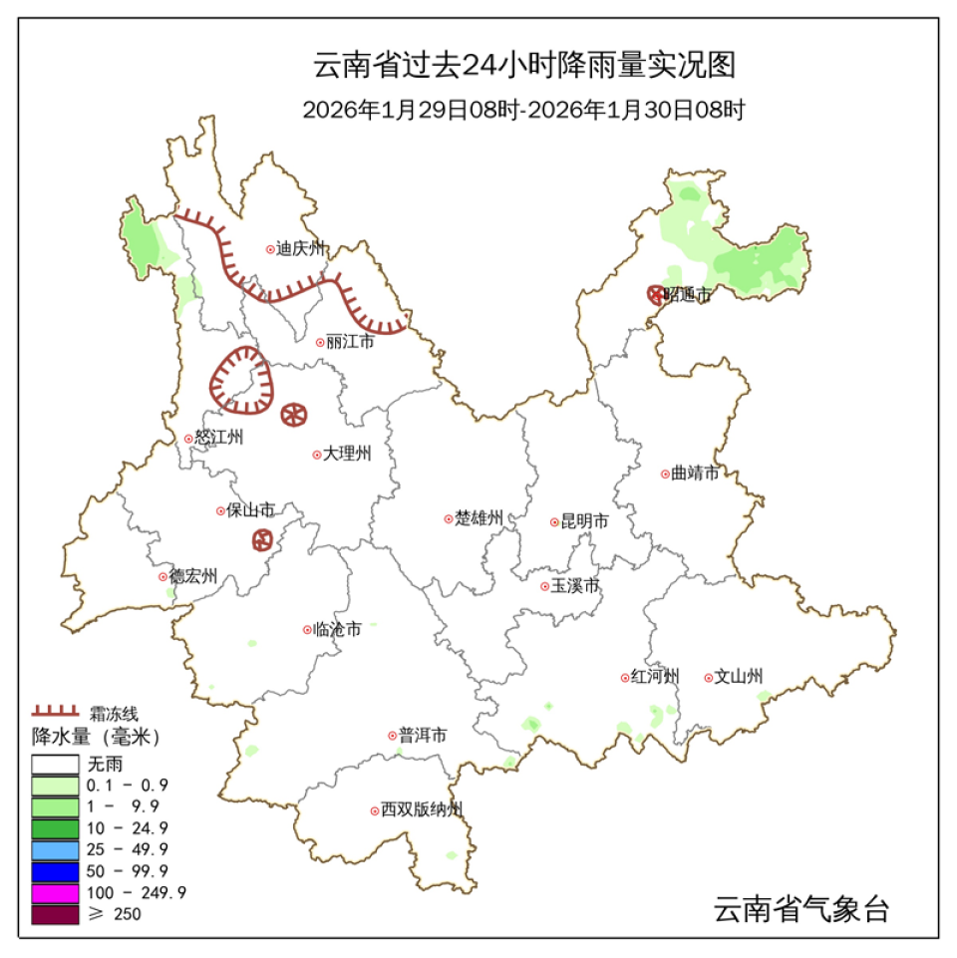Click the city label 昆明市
coord(585,521)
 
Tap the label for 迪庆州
coord(301,250)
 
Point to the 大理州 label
coord(347,454)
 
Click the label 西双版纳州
coord(422,810)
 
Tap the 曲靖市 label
coord(695,474)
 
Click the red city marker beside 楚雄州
coord(449,518)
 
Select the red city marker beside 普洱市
coord(393,736)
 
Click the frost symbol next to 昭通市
coord(655,294)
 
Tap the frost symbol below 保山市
coord(262,540)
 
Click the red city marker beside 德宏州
coord(162,576)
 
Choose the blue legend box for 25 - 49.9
coord(55,849)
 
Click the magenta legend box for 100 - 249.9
coord(55,892)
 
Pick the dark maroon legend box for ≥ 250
coord(55,914)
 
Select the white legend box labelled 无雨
coord(55,764)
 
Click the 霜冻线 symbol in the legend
coord(55,712)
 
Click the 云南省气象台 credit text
coord(800,909)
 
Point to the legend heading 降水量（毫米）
coord(96,738)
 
